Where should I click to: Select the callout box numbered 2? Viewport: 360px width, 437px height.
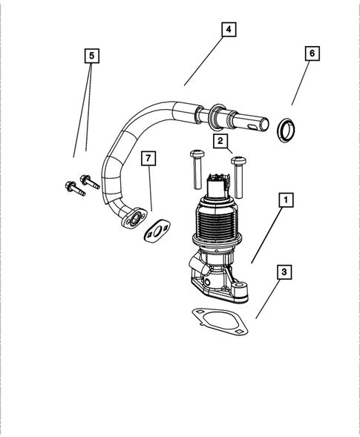(220, 139)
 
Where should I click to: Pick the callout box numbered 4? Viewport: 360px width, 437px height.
(229, 30)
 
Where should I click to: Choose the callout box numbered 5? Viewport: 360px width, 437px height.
(91, 56)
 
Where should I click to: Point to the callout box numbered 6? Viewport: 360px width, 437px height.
(312, 54)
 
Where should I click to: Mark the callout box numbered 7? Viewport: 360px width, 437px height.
(150, 160)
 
